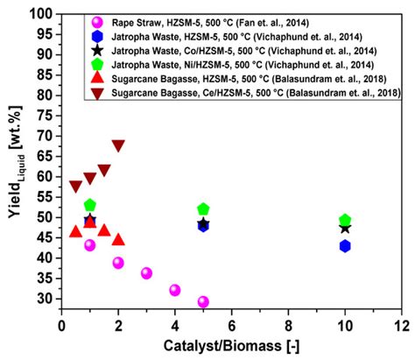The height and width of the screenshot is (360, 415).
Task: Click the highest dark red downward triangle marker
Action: [118, 145]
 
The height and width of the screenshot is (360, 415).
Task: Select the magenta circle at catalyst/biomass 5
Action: [203, 301]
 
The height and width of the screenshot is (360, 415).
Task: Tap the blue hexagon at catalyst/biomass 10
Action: [345, 246]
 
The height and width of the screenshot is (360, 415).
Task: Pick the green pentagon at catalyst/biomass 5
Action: [203, 209]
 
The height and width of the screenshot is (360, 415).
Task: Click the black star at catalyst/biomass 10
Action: [345, 228]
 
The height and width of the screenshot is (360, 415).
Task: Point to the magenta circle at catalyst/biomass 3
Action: [146, 273]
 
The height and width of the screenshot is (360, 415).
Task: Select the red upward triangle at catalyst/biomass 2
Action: [118, 239]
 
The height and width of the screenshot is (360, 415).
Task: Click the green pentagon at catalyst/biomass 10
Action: [345, 220]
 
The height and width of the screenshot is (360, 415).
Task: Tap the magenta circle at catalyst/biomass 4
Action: [175, 290]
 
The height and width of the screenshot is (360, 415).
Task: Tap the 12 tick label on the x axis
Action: [402, 326]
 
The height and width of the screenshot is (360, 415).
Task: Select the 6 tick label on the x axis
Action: [231, 326]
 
